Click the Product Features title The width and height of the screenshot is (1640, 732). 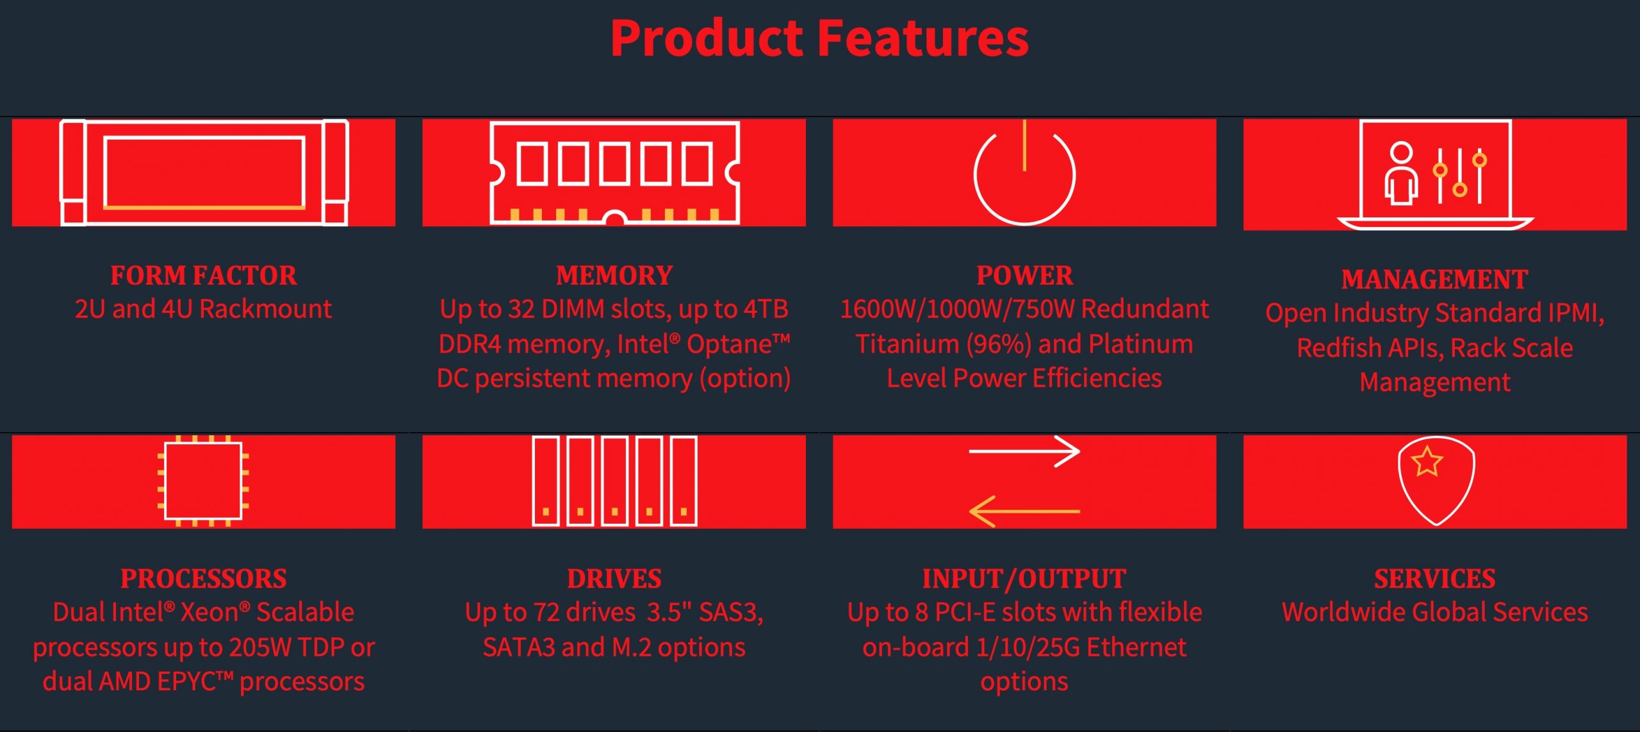click(819, 38)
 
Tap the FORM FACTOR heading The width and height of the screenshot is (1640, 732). click(204, 276)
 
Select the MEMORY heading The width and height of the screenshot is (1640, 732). click(614, 276)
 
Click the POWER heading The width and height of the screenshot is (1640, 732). click(1024, 276)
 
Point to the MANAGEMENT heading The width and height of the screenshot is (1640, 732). click(1435, 279)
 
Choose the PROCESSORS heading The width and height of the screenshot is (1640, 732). click(204, 579)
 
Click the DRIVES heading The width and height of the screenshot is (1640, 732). click(614, 579)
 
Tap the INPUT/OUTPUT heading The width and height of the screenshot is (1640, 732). click(1024, 579)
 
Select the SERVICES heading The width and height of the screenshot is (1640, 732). click(1435, 579)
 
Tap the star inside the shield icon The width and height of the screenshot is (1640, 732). click(1427, 462)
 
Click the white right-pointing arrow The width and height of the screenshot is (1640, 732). click(1024, 451)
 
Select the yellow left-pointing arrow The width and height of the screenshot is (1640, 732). click(1024, 512)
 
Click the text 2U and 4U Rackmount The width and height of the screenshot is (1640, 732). click(204, 309)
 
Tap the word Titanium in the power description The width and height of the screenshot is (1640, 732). click(906, 344)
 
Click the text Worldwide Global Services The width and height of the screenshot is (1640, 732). click(1435, 612)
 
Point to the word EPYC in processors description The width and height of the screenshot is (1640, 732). click(186, 681)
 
